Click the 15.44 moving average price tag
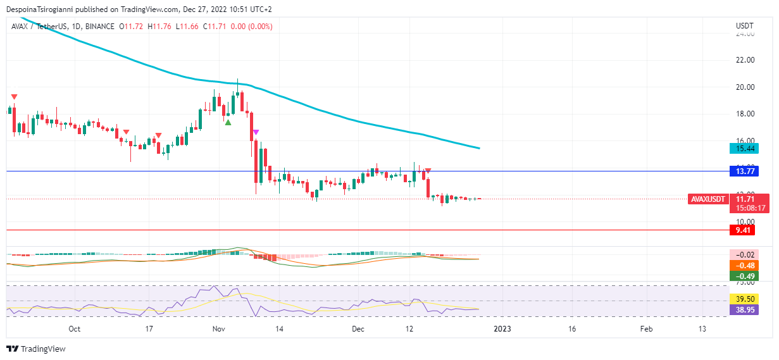(x=742, y=149)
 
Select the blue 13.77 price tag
(x=742, y=171)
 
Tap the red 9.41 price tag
(x=742, y=230)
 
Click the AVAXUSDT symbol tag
(x=707, y=199)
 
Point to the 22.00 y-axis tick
(x=745, y=60)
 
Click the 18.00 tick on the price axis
(x=745, y=114)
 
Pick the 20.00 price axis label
(x=745, y=87)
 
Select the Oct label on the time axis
(x=74, y=329)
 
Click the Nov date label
(x=220, y=329)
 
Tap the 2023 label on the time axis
(x=502, y=329)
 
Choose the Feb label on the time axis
(x=645, y=329)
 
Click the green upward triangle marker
(x=228, y=121)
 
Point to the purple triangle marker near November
(x=255, y=132)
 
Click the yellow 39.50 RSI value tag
(x=742, y=299)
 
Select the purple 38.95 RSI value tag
(x=742, y=310)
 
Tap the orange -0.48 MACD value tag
(x=742, y=265)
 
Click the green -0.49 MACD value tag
(x=742, y=276)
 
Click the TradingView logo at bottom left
(x=36, y=349)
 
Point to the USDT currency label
(x=745, y=25)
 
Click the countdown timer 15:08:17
(x=749, y=208)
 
